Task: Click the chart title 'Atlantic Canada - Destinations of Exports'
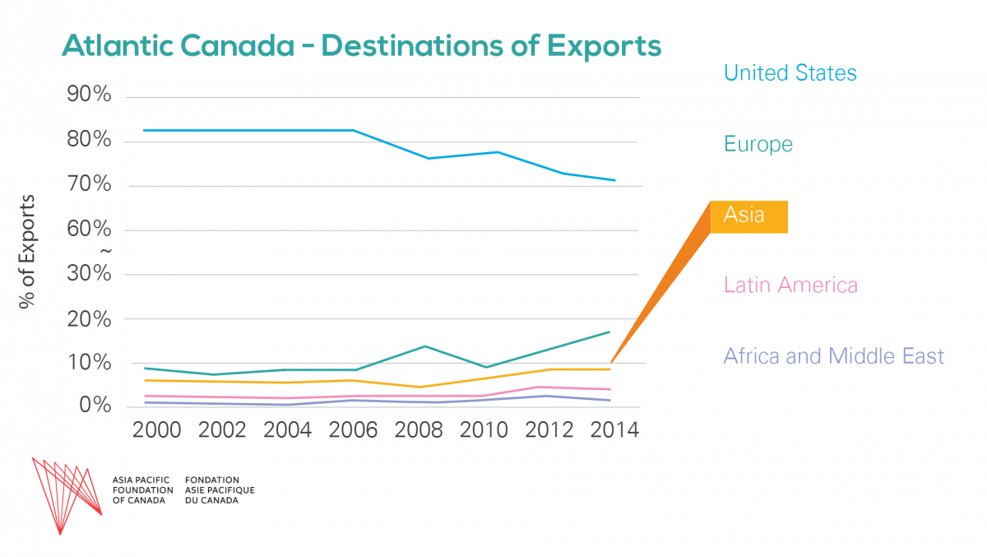pyautogui.click(x=361, y=46)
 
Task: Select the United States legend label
pyautogui.click(x=790, y=73)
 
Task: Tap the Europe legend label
pyautogui.click(x=758, y=145)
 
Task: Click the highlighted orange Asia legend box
pyautogui.click(x=748, y=216)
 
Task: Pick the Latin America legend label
pyautogui.click(x=790, y=285)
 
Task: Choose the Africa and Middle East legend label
pyautogui.click(x=833, y=356)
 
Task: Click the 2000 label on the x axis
pyautogui.click(x=157, y=431)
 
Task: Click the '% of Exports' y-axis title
pyautogui.click(x=28, y=252)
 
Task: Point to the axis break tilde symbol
pyautogui.click(x=104, y=251)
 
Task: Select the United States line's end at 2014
pyautogui.click(x=614, y=180)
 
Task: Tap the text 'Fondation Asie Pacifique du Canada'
pyautogui.click(x=220, y=490)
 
